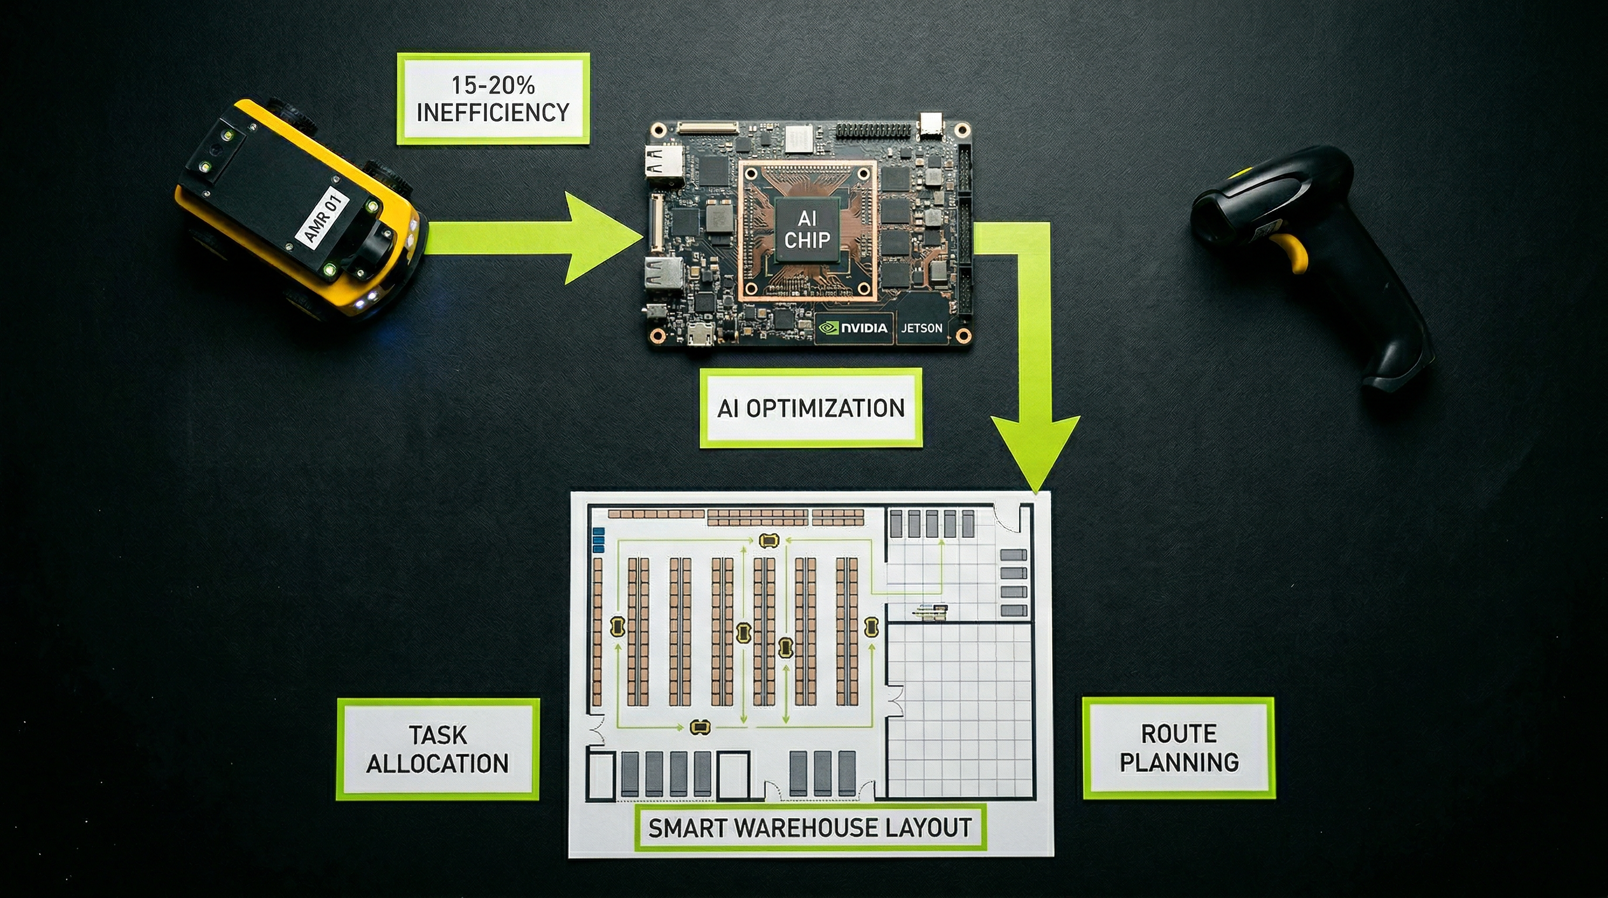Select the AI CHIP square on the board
806,230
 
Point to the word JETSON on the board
921,328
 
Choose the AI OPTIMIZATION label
810,409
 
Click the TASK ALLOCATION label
438,749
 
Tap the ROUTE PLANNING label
1179,748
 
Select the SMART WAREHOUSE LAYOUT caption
810,827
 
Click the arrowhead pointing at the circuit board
599,237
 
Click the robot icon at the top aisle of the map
768,540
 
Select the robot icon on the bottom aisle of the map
700,726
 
